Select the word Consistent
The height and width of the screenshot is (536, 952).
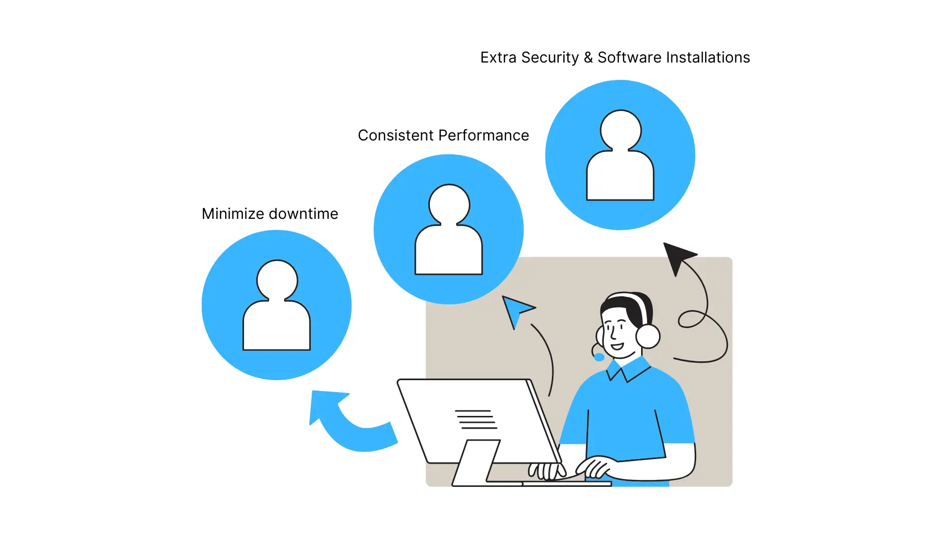[395, 135]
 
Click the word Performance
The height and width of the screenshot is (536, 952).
[483, 135]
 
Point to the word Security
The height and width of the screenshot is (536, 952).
[550, 58]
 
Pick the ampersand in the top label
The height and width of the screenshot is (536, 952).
[588, 58]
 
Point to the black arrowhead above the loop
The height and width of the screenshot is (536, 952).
[677, 256]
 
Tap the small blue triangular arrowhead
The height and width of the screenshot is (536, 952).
[516, 309]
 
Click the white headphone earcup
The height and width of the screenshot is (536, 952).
[648, 336]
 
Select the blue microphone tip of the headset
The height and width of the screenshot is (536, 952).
[599, 357]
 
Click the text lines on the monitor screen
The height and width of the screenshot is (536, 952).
[476, 419]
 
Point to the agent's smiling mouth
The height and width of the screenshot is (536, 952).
[617, 346]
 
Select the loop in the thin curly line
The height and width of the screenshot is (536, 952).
[691, 319]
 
